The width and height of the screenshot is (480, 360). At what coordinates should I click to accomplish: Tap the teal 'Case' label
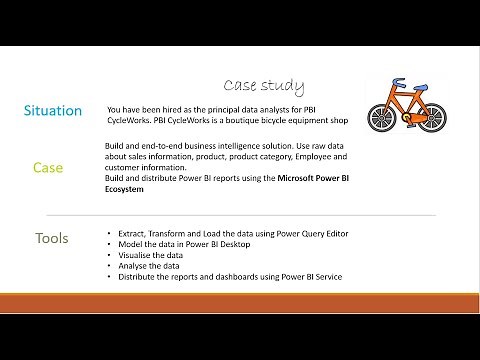point(48,167)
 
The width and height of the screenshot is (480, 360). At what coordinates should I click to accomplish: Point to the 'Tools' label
point(52,238)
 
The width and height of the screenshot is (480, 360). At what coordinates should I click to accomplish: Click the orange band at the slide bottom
point(240,303)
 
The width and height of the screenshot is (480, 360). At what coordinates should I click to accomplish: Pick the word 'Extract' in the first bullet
point(133,233)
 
